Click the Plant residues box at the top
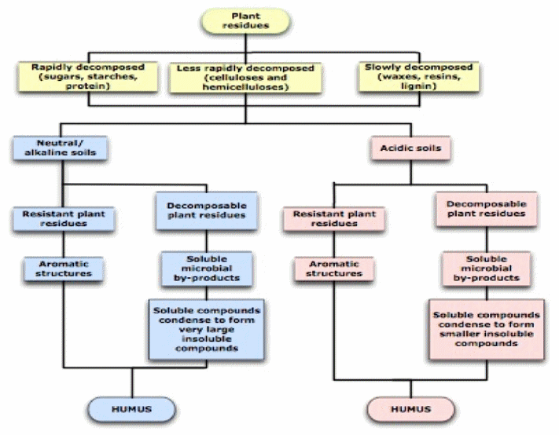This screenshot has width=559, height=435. pos(245,21)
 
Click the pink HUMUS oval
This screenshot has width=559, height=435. pos(410,408)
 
